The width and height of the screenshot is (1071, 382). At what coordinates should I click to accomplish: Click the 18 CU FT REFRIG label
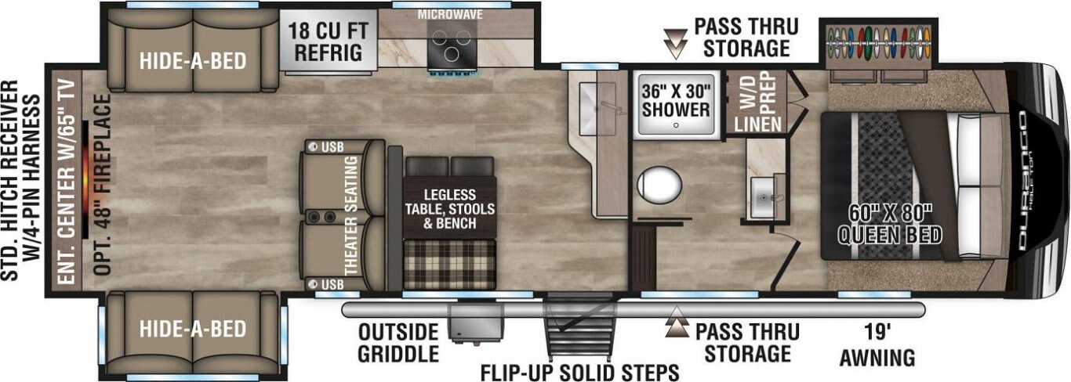pyautogui.click(x=328, y=42)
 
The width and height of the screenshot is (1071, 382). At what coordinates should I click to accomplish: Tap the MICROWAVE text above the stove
pyautogui.click(x=450, y=14)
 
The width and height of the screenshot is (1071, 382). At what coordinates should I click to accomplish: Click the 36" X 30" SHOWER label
pyautogui.click(x=676, y=100)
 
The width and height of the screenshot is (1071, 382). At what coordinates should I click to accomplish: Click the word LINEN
pyautogui.click(x=758, y=124)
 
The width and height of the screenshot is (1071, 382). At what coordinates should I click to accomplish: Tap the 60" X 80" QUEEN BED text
pyautogui.click(x=890, y=225)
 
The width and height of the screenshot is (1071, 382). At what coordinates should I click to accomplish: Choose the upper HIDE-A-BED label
pyautogui.click(x=193, y=61)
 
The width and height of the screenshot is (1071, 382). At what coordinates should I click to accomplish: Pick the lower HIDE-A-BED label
pyautogui.click(x=193, y=329)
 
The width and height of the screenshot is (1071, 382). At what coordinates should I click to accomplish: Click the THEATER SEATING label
pyautogui.click(x=351, y=215)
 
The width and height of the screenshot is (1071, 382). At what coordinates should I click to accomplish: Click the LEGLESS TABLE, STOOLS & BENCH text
pyautogui.click(x=449, y=209)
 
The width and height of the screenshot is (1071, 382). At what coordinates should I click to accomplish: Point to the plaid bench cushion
pyautogui.click(x=449, y=265)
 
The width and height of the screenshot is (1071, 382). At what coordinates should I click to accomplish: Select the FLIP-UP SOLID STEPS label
pyautogui.click(x=579, y=372)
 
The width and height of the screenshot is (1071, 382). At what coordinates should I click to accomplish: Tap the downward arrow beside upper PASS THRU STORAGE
pyautogui.click(x=676, y=44)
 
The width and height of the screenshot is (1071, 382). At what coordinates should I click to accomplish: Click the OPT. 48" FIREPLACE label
pyautogui.click(x=102, y=184)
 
